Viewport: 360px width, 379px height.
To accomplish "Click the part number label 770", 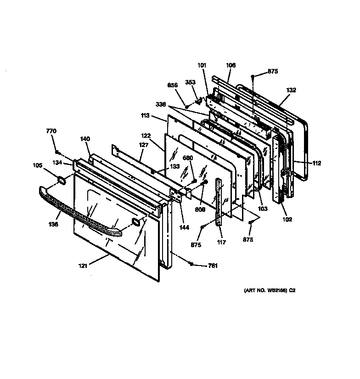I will tap(51, 131).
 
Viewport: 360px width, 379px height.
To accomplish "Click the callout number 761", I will tap(213, 266).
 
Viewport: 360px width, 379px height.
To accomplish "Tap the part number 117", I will tap(222, 243).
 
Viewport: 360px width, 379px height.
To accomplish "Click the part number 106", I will tap(231, 66).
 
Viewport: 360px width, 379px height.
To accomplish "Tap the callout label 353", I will tap(190, 83).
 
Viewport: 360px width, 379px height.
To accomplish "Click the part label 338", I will tap(160, 105).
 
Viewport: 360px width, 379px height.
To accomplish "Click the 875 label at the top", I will tap(273, 71).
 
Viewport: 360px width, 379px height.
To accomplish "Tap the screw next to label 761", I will tap(191, 263).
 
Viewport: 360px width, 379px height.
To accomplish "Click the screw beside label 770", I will tap(56, 152).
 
